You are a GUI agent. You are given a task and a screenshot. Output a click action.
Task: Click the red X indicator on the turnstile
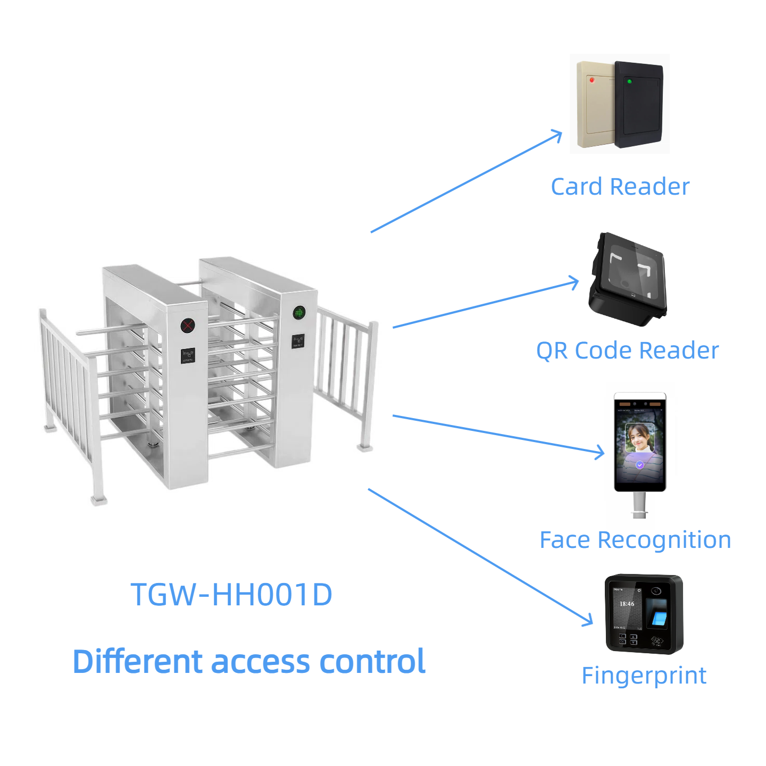coord(187,325)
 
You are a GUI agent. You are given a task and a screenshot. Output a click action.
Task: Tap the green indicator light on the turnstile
coord(299,312)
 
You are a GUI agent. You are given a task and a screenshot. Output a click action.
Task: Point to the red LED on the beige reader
coord(592,80)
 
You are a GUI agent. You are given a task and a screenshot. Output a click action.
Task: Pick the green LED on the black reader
coord(629,81)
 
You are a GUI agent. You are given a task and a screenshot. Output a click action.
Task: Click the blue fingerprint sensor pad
coord(659,618)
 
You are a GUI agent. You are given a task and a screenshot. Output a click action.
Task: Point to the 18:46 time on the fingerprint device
coord(627,604)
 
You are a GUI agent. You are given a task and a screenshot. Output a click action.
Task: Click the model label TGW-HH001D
coord(231,594)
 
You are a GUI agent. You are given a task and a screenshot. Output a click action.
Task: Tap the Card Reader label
coord(620,187)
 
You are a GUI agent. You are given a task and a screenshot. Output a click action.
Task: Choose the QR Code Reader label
coord(627,351)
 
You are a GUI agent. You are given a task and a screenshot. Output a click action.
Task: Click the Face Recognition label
coord(635,540)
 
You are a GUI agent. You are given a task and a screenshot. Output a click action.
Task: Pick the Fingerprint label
coord(644,676)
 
